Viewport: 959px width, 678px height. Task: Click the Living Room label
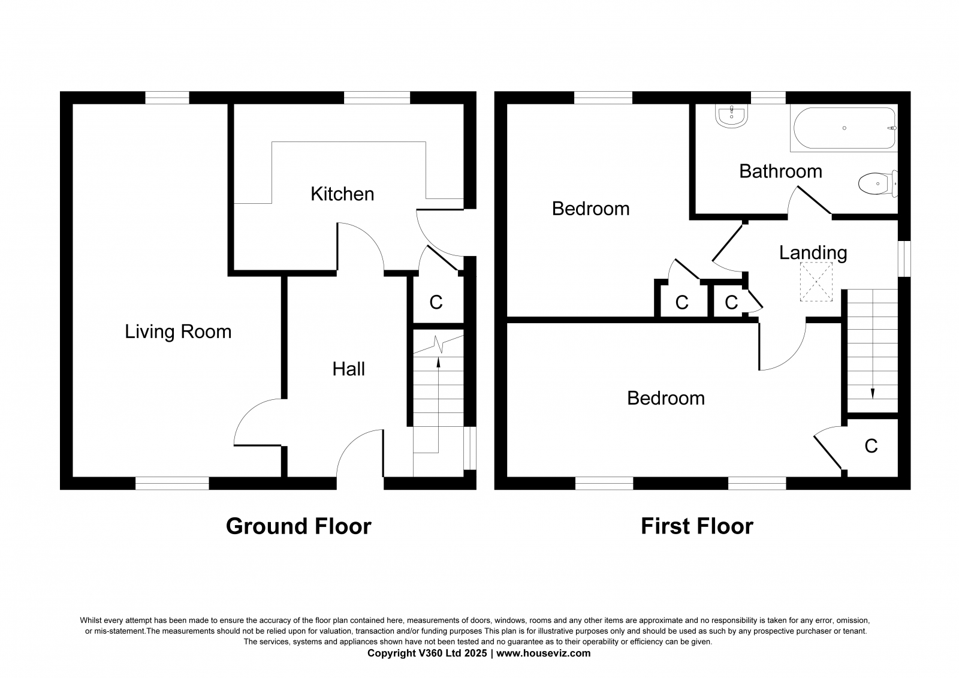pyautogui.click(x=178, y=332)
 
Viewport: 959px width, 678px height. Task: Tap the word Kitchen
pyautogui.click(x=342, y=194)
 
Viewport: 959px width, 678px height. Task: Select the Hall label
pyautogui.click(x=348, y=369)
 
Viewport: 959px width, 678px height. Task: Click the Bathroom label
pyautogui.click(x=780, y=172)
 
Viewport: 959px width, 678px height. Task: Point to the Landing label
pyautogui.click(x=813, y=253)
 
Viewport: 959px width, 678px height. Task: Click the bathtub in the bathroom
pyautogui.click(x=844, y=128)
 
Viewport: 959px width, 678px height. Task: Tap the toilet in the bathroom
pyautogui.click(x=877, y=184)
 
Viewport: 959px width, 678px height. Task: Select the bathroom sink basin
pyautogui.click(x=731, y=116)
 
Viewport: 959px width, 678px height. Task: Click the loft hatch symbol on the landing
pyautogui.click(x=816, y=281)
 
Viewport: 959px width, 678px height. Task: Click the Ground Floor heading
pyautogui.click(x=298, y=526)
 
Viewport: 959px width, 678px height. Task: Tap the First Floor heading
pyautogui.click(x=697, y=526)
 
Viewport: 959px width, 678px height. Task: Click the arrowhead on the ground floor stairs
pyautogui.click(x=438, y=362)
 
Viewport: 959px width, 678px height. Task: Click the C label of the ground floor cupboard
pyautogui.click(x=436, y=303)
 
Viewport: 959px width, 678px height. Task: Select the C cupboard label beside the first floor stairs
pyautogui.click(x=871, y=446)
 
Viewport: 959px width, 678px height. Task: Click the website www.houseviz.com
pyautogui.click(x=543, y=653)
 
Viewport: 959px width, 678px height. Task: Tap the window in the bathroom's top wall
pyautogui.click(x=768, y=98)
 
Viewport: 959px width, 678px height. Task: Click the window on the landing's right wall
pyautogui.click(x=904, y=259)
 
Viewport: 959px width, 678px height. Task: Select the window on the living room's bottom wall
pyautogui.click(x=172, y=483)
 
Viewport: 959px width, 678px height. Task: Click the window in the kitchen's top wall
pyautogui.click(x=377, y=98)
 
